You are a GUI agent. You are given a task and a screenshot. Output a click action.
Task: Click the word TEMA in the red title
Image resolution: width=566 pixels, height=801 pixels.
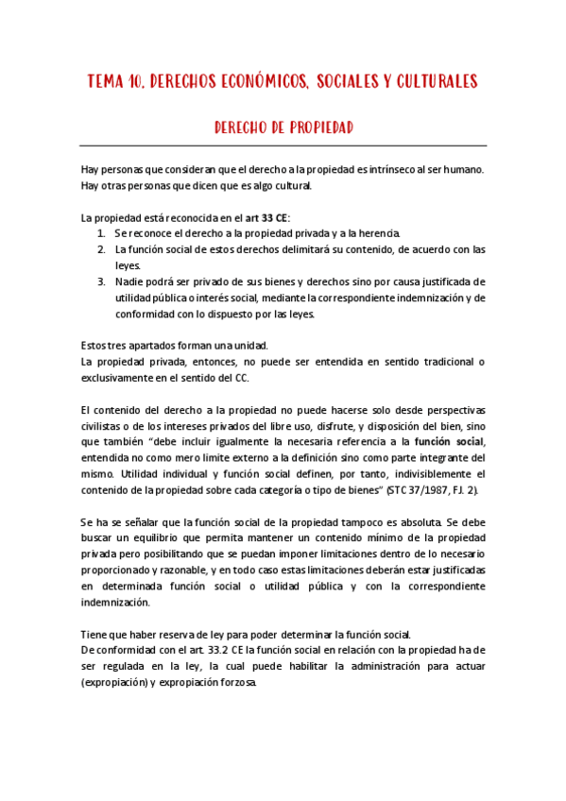[x=106, y=81]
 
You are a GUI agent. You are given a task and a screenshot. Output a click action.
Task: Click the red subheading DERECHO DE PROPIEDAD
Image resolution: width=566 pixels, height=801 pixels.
[x=283, y=126]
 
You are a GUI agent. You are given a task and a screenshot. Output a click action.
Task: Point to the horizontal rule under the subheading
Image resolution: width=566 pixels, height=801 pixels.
[x=283, y=146]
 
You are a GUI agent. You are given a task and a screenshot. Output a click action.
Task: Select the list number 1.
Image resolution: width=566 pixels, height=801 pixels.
[x=101, y=233]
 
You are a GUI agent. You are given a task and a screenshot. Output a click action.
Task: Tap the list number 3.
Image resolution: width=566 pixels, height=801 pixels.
[x=101, y=281]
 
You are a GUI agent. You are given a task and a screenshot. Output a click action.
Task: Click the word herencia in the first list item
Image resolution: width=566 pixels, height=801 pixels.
[x=380, y=233]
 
